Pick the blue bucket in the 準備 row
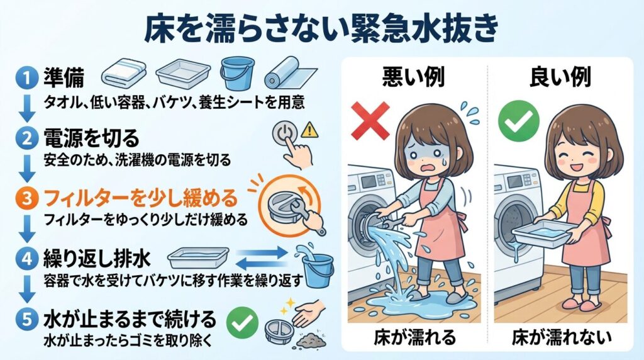tap(237, 72)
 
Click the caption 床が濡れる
tap(414, 336)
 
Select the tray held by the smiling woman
tap(545, 233)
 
